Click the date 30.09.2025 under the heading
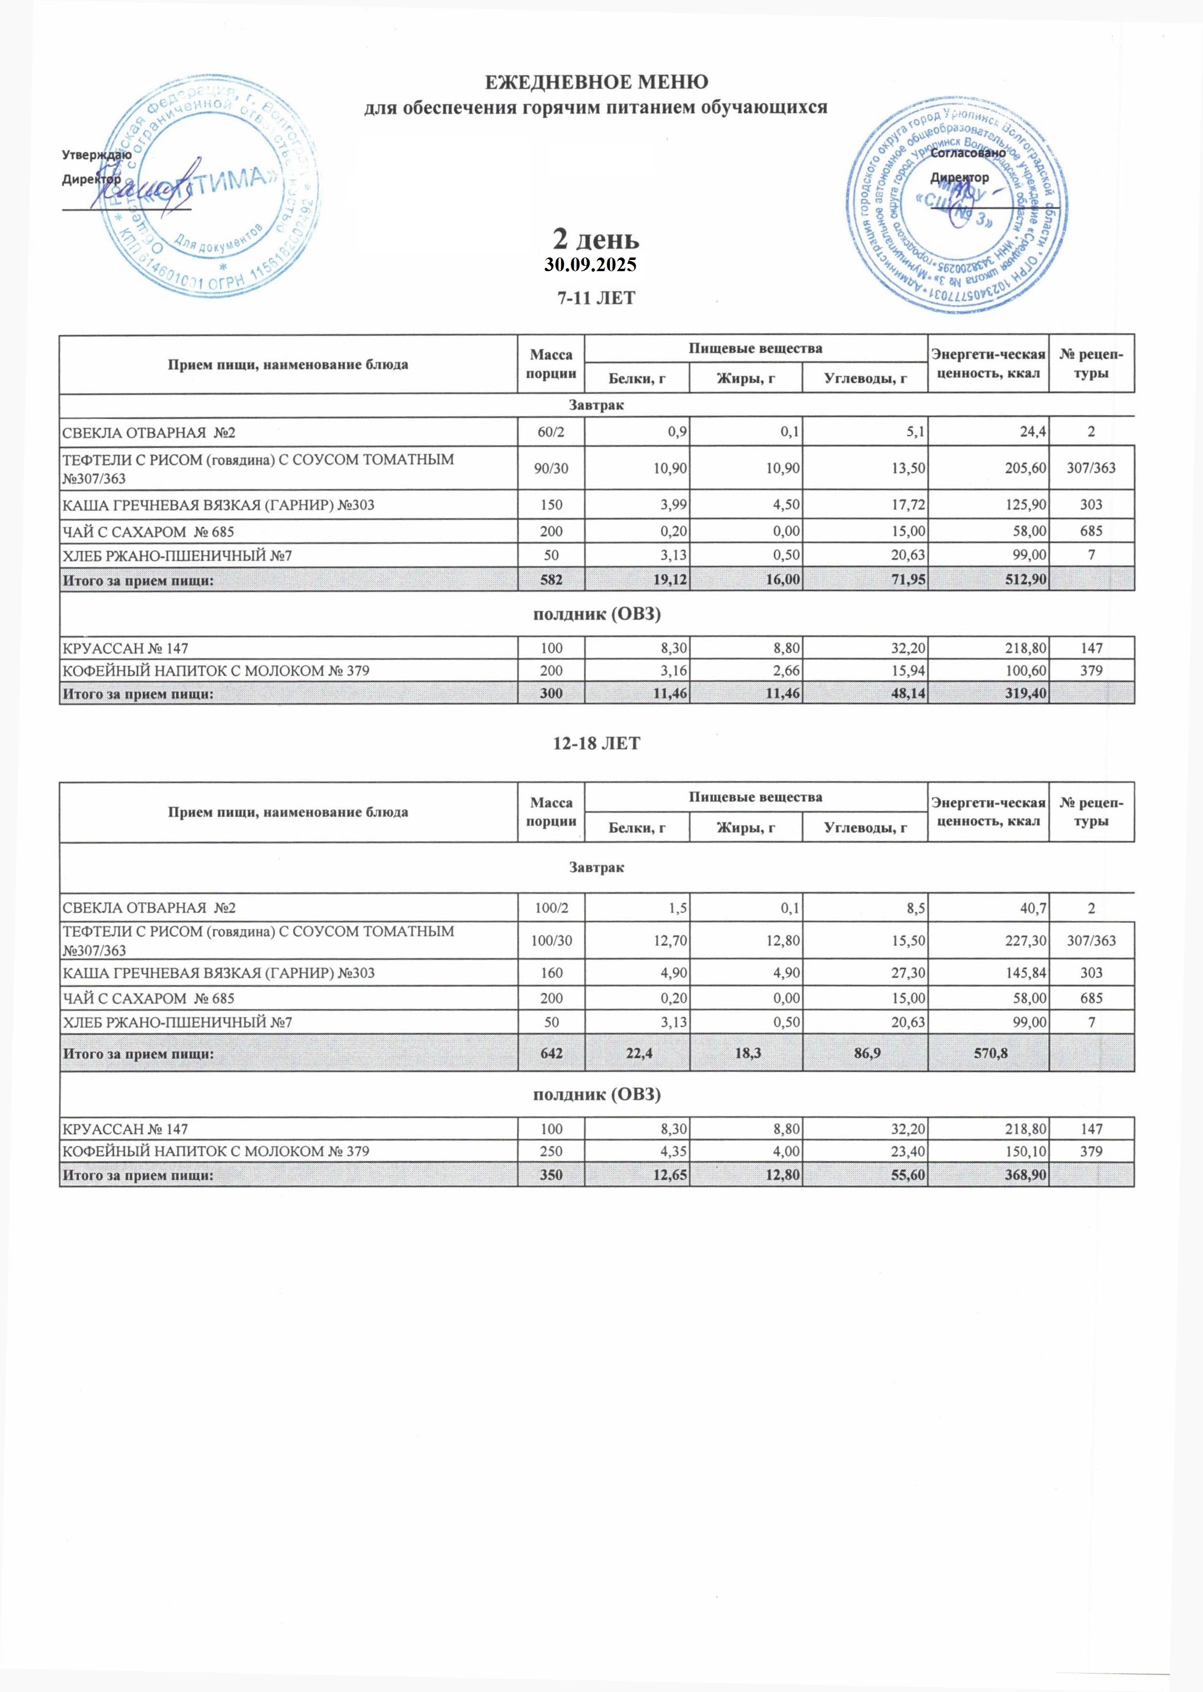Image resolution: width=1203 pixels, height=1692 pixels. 591,264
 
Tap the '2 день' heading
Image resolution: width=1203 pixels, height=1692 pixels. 596,239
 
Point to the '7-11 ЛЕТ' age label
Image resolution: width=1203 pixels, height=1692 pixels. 596,298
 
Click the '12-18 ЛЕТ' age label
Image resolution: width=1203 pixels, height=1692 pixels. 596,743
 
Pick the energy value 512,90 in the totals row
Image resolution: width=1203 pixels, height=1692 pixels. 1023,580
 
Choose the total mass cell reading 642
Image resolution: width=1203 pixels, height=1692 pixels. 551,1053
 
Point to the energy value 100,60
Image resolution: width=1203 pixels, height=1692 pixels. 1023,671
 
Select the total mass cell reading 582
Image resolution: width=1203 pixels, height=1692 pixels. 551,580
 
